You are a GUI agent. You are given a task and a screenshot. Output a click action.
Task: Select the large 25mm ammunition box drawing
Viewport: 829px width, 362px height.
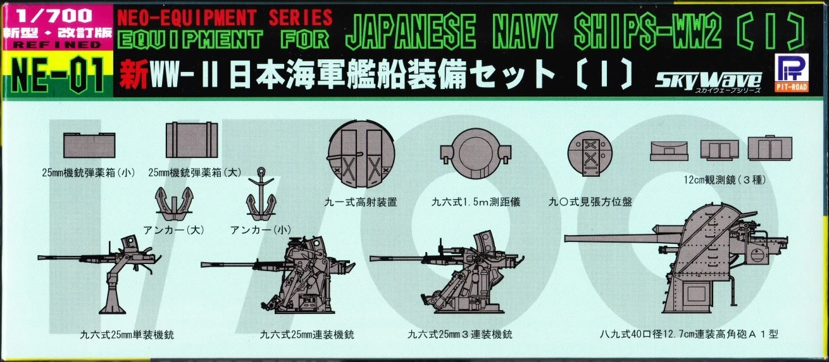[191, 140]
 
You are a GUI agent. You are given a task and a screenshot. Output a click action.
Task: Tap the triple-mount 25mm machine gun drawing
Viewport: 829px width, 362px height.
[443, 275]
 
